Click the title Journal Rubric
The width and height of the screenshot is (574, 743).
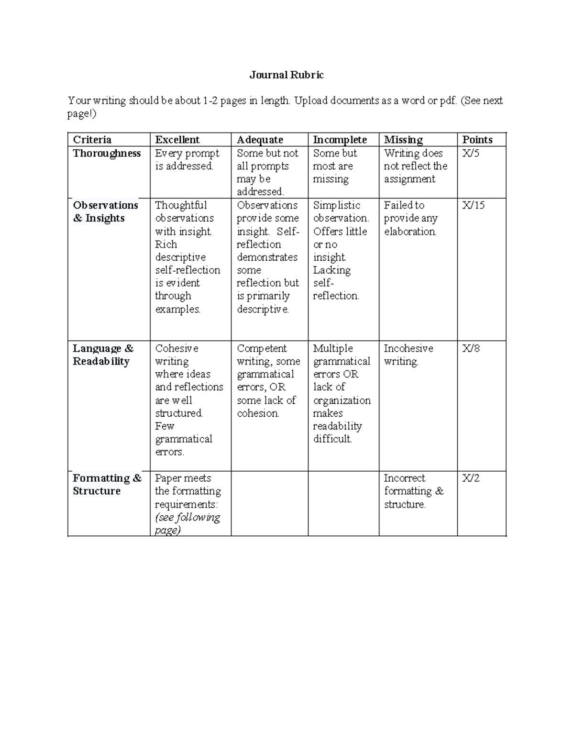pos(287,75)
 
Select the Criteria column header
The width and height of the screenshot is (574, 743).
pos(92,140)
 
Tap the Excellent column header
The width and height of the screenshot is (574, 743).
pos(177,140)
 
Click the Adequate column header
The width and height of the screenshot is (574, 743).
pos(260,140)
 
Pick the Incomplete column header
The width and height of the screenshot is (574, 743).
pos(340,140)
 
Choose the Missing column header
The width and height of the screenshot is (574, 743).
pos(403,140)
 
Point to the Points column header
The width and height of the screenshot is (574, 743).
pos(477,140)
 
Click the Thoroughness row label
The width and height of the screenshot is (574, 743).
pos(107,154)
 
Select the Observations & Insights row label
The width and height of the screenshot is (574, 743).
pos(105,211)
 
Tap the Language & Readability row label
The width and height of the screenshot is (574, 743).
pos(103,355)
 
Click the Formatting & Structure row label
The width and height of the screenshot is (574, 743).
pos(107,484)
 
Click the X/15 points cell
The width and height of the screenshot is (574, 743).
pos(473,205)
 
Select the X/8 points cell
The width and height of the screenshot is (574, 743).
pos(471,348)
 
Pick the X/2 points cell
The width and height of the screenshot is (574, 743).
pos(471,478)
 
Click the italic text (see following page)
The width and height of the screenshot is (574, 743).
pos(187,523)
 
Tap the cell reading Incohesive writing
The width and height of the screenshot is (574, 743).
pos(408,355)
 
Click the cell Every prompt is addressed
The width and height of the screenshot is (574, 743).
pos(187,160)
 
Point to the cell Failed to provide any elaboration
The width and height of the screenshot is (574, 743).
pos(410,218)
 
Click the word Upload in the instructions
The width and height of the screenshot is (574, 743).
pos(310,100)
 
